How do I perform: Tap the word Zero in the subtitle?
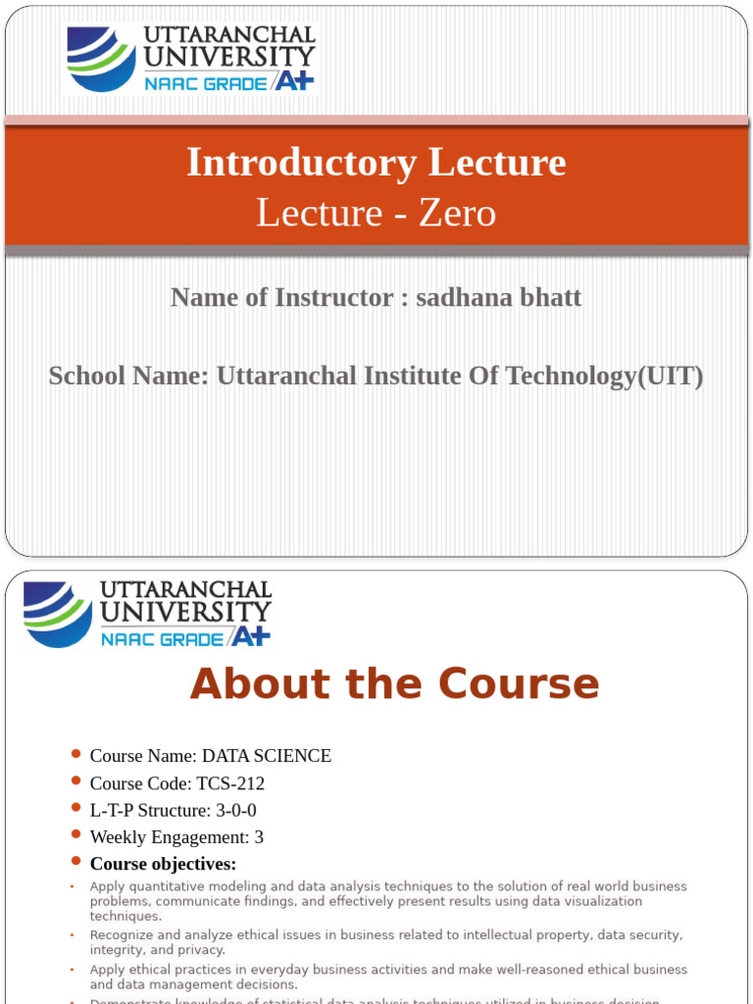pyautogui.click(x=457, y=213)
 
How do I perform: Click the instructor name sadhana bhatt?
pyautogui.click(x=498, y=296)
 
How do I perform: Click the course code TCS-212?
pyautogui.click(x=230, y=783)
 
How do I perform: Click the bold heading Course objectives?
pyautogui.click(x=163, y=864)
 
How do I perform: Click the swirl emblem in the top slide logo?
pyautogui.click(x=101, y=59)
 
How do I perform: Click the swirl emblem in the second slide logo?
pyautogui.click(x=58, y=614)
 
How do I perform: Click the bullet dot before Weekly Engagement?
pyautogui.click(x=76, y=834)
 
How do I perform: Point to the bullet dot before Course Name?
pyautogui.click(x=76, y=753)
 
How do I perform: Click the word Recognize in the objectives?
pyautogui.click(x=121, y=935)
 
